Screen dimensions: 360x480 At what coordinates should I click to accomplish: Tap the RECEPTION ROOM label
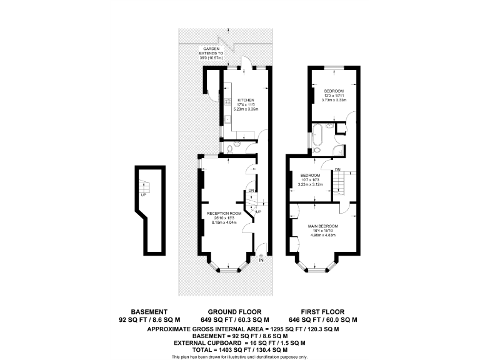[x=224, y=213]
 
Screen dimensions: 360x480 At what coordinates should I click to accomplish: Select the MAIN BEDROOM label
[x=322, y=226]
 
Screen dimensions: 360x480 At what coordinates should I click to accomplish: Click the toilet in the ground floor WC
[x=230, y=149]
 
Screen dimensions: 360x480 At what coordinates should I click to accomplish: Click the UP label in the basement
[x=144, y=194]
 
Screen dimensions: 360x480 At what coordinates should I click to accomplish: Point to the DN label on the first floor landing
[x=337, y=170]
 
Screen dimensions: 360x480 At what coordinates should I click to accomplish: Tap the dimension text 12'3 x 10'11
[x=333, y=95]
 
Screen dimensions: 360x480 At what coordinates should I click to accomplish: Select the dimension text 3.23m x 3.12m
[x=311, y=184]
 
